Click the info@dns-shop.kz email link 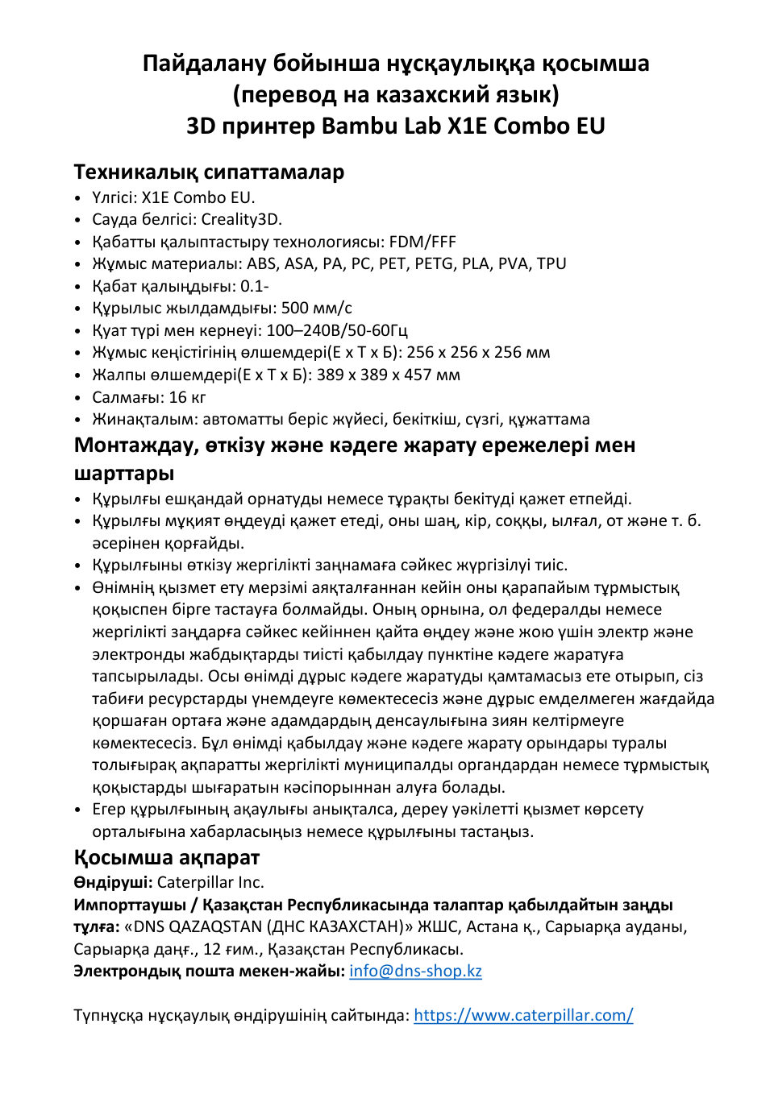pyautogui.click(x=415, y=971)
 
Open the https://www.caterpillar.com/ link pyautogui.click(x=523, y=1015)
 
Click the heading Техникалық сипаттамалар pyautogui.click(x=209, y=172)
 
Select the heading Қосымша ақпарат pyautogui.click(x=166, y=857)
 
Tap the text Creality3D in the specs pyautogui.click(x=241, y=219)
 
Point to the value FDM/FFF pyautogui.click(x=422, y=242)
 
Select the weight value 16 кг pyautogui.click(x=188, y=397)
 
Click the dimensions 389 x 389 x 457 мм pyautogui.click(x=388, y=375)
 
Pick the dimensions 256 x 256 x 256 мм pyautogui.click(x=478, y=352)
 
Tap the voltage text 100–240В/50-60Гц pyautogui.click(x=337, y=330)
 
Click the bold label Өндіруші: pyautogui.click(x=113, y=882)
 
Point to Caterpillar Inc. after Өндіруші pyautogui.click(x=210, y=882)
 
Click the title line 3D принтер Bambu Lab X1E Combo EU pyautogui.click(x=395, y=126)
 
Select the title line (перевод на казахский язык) pyautogui.click(x=395, y=94)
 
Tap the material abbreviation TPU pyautogui.click(x=551, y=263)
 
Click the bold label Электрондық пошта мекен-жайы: pyautogui.click(x=209, y=971)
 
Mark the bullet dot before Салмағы pyautogui.click(x=77, y=398)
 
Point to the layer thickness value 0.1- pyautogui.click(x=255, y=286)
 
